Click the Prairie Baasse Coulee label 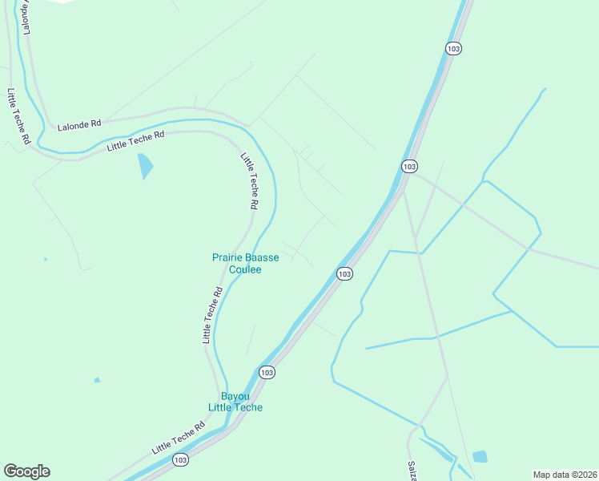[x=236, y=263]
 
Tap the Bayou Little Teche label [x=235, y=402]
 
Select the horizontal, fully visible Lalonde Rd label [x=79, y=124]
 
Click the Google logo [x=26, y=471]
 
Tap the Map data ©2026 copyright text [x=565, y=474]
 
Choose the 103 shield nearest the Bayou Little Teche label [x=267, y=372]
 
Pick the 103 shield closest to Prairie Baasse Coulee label [x=344, y=274]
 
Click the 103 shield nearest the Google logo [x=180, y=459]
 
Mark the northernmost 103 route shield [x=453, y=48]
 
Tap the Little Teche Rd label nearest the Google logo [x=179, y=436]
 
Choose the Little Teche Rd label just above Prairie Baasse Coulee [x=249, y=180]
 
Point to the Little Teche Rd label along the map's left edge [x=18, y=116]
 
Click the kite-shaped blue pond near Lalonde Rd [x=145, y=165]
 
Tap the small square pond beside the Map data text [x=480, y=457]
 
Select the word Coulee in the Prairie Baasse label [x=245, y=269]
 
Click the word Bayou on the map [x=235, y=396]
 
